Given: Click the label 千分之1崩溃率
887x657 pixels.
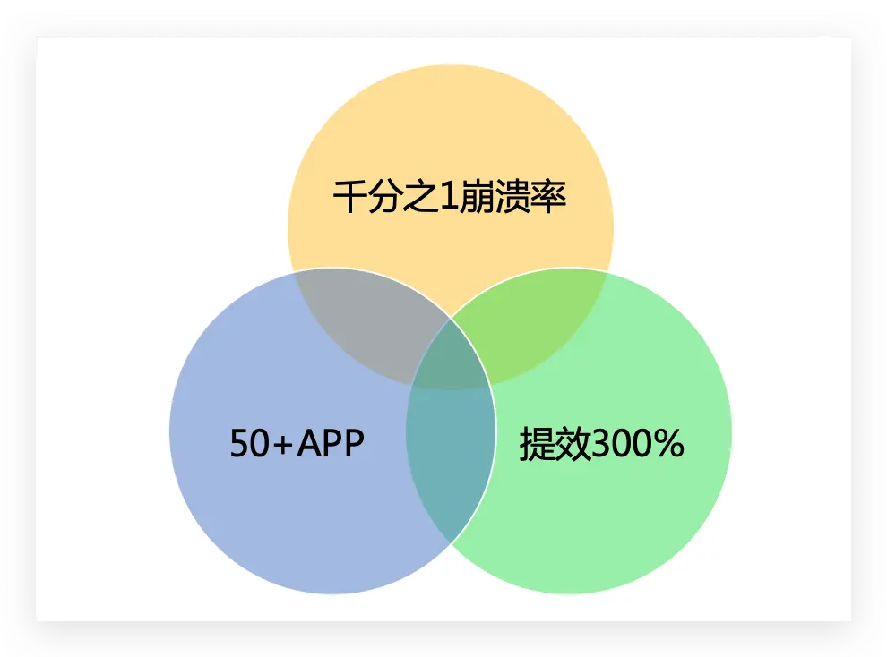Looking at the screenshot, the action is pyautogui.click(x=450, y=197).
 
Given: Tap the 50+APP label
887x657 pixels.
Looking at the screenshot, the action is pyautogui.click(x=297, y=443).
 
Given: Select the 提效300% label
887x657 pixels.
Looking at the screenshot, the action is pyautogui.click(x=601, y=443).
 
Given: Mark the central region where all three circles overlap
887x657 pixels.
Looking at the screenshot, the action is pyautogui.click(x=451, y=358).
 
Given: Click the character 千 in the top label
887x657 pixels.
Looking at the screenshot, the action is pyautogui.click(x=349, y=197).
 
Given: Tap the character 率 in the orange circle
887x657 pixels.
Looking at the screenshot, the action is pyautogui.click(x=549, y=197).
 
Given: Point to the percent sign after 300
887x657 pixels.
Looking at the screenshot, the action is pyautogui.click(x=667, y=444).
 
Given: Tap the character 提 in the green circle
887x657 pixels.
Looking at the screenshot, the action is pyautogui.click(x=537, y=443).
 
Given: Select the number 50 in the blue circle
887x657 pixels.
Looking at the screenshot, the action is pyautogui.click(x=249, y=444).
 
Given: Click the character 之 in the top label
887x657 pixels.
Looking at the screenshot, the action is pyautogui.click(x=415, y=197).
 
